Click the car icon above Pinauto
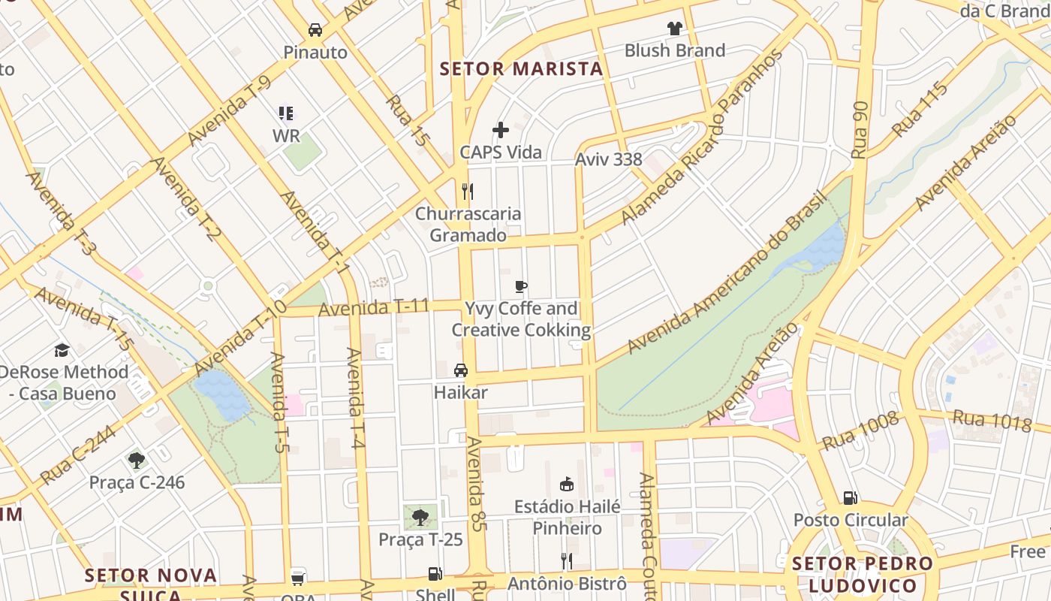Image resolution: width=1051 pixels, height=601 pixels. [x=315, y=30]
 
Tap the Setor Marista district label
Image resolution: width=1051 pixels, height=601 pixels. [x=521, y=69]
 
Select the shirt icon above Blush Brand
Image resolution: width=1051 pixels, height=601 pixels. [x=674, y=29]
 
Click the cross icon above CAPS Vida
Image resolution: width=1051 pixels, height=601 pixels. [x=501, y=130]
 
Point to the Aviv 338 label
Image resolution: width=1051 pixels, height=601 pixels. [x=608, y=159]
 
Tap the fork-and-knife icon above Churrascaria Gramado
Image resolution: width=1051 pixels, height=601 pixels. [x=468, y=191]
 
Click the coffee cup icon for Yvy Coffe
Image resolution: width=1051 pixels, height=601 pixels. [x=521, y=286]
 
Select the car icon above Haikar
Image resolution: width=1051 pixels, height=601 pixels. [x=461, y=370]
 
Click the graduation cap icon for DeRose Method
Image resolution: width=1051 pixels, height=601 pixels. [x=62, y=350]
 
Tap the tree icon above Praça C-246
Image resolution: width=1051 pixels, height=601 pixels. [x=137, y=460]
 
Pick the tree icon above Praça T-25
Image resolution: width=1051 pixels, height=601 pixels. [x=420, y=517]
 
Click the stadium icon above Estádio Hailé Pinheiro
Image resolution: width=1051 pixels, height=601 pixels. [x=567, y=485]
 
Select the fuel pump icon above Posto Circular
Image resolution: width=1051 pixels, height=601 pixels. [x=851, y=497]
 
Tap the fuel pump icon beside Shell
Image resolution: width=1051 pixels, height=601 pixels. [x=435, y=575]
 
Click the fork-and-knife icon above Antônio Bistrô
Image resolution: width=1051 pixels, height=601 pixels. [x=567, y=560]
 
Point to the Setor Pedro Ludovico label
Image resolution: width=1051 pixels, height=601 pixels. [x=863, y=575]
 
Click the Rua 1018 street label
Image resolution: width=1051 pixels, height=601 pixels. [x=992, y=421]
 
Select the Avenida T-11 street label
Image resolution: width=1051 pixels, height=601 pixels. [x=373, y=307]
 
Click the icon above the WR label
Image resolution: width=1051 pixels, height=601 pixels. [x=286, y=113]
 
